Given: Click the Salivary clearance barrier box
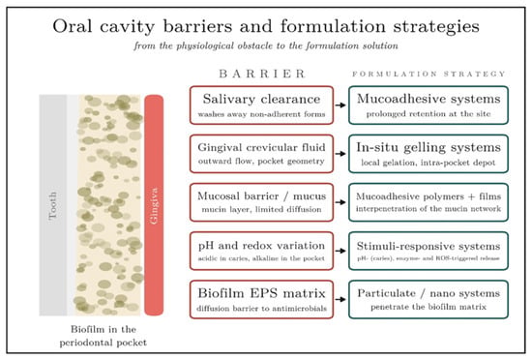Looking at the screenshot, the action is click(261, 105).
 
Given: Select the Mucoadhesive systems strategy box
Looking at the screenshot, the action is click(429, 105).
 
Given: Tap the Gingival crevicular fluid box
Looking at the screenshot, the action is click(261, 154).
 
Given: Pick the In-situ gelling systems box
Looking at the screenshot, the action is click(429, 154).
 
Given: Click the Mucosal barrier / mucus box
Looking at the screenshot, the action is click(261, 202).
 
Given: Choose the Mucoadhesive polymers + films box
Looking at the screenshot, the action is click(429, 202).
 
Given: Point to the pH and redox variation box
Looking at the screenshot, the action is click(261, 251).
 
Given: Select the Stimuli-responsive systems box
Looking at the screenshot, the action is click(429, 251).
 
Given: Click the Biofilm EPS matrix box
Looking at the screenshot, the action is click(261, 299).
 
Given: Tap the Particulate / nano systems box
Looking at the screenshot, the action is click(429, 299).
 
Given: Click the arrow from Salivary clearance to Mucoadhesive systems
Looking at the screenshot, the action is click(340, 105).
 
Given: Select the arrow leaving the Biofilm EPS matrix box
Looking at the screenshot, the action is click(340, 299).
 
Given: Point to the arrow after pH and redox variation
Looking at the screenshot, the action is click(340, 251).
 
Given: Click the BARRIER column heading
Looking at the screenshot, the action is click(262, 74).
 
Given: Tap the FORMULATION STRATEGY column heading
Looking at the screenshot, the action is click(429, 74).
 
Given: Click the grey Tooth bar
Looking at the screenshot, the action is click(53, 205).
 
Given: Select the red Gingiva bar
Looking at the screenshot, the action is click(154, 205).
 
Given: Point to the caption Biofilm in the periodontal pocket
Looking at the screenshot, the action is click(103, 336).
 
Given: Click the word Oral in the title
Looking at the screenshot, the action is click(73, 26).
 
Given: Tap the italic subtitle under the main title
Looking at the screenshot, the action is click(266, 45).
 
